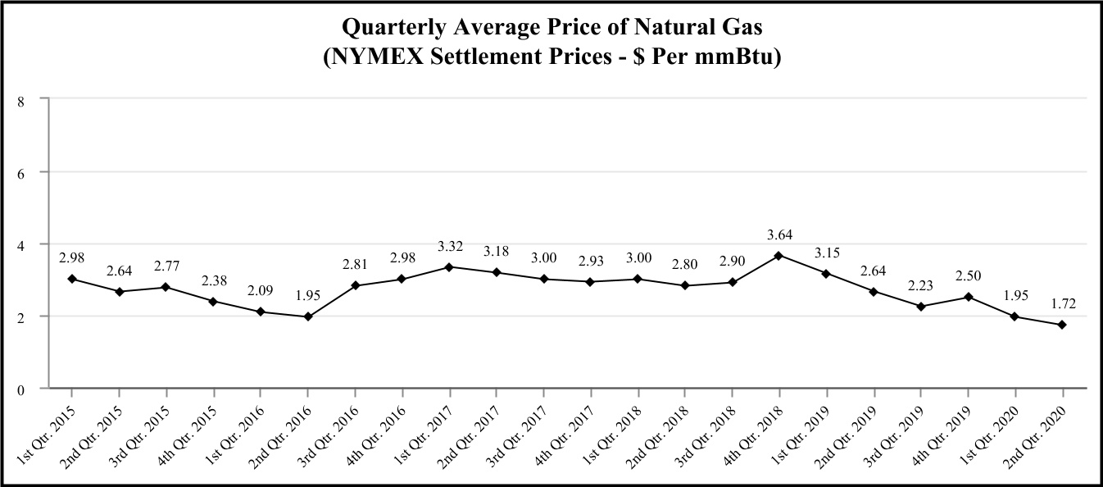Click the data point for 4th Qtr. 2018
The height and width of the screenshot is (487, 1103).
778,255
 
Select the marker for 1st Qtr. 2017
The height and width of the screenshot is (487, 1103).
450,266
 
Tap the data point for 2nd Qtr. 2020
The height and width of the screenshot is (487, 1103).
1063,325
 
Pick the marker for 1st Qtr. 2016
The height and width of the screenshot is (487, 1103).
261,312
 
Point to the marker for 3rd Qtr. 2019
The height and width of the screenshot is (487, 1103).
921,307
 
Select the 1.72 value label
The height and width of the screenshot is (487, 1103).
1063,305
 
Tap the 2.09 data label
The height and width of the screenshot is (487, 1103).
261,292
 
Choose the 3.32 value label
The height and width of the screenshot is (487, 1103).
450,247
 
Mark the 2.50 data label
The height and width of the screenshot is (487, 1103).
969,277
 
